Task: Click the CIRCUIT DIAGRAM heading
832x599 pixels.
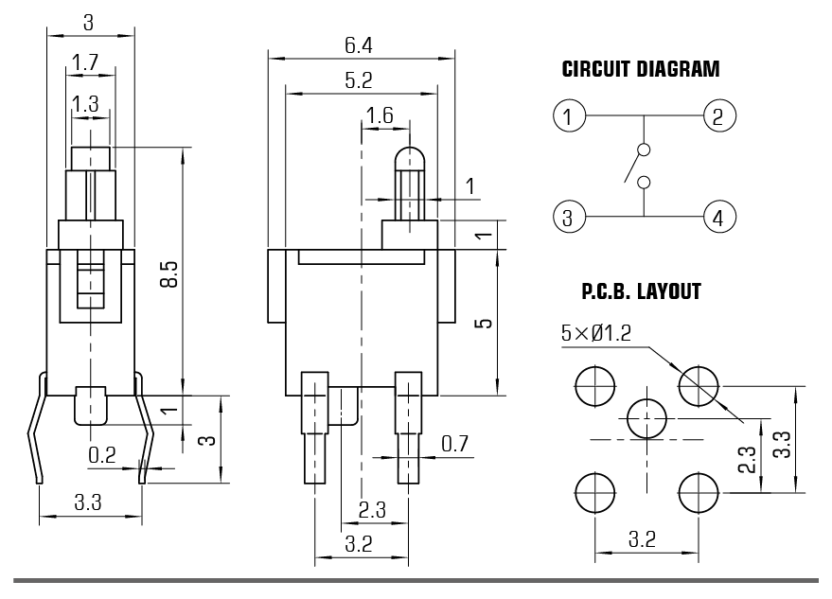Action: coord(640,70)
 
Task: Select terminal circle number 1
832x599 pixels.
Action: coord(568,117)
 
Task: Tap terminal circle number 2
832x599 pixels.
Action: coord(718,117)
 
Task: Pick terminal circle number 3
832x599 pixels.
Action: coord(568,219)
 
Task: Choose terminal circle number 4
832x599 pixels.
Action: coord(718,219)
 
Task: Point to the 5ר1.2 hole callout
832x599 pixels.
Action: coord(597,333)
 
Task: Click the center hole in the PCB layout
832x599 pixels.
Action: coord(647,415)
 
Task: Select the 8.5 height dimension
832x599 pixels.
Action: coord(169,274)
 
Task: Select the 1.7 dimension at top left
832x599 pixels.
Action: coord(85,63)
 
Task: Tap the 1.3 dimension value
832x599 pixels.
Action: coord(85,104)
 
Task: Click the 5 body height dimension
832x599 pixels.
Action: coord(484,323)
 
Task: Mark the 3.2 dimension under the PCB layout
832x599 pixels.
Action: coord(644,540)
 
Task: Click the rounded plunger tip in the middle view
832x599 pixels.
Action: coord(409,157)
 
